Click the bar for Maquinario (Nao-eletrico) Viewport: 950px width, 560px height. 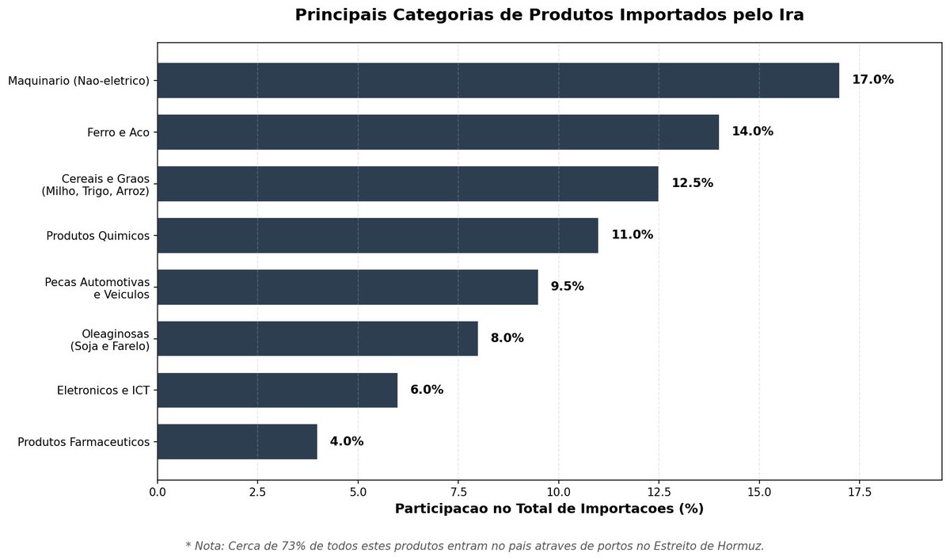(x=498, y=80)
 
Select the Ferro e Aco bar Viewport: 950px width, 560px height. (x=438, y=131)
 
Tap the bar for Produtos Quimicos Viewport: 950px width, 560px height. (x=378, y=235)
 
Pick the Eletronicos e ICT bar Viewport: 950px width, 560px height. (x=277, y=390)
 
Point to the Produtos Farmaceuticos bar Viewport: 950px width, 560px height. (x=237, y=441)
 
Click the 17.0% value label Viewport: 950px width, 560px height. (x=872, y=80)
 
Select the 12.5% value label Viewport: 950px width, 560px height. (x=692, y=183)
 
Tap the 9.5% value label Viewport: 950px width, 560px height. (x=567, y=287)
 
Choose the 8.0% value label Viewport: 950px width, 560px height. (x=507, y=338)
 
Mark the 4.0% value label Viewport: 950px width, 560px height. (x=347, y=441)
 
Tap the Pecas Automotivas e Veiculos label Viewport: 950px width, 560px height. (x=97, y=288)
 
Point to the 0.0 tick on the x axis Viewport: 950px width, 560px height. (x=158, y=493)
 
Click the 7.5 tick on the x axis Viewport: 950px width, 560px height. (x=458, y=493)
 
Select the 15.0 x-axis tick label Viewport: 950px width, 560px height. (x=759, y=493)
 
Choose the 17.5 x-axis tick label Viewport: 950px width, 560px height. (x=860, y=493)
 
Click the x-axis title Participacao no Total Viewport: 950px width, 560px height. (x=549, y=509)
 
